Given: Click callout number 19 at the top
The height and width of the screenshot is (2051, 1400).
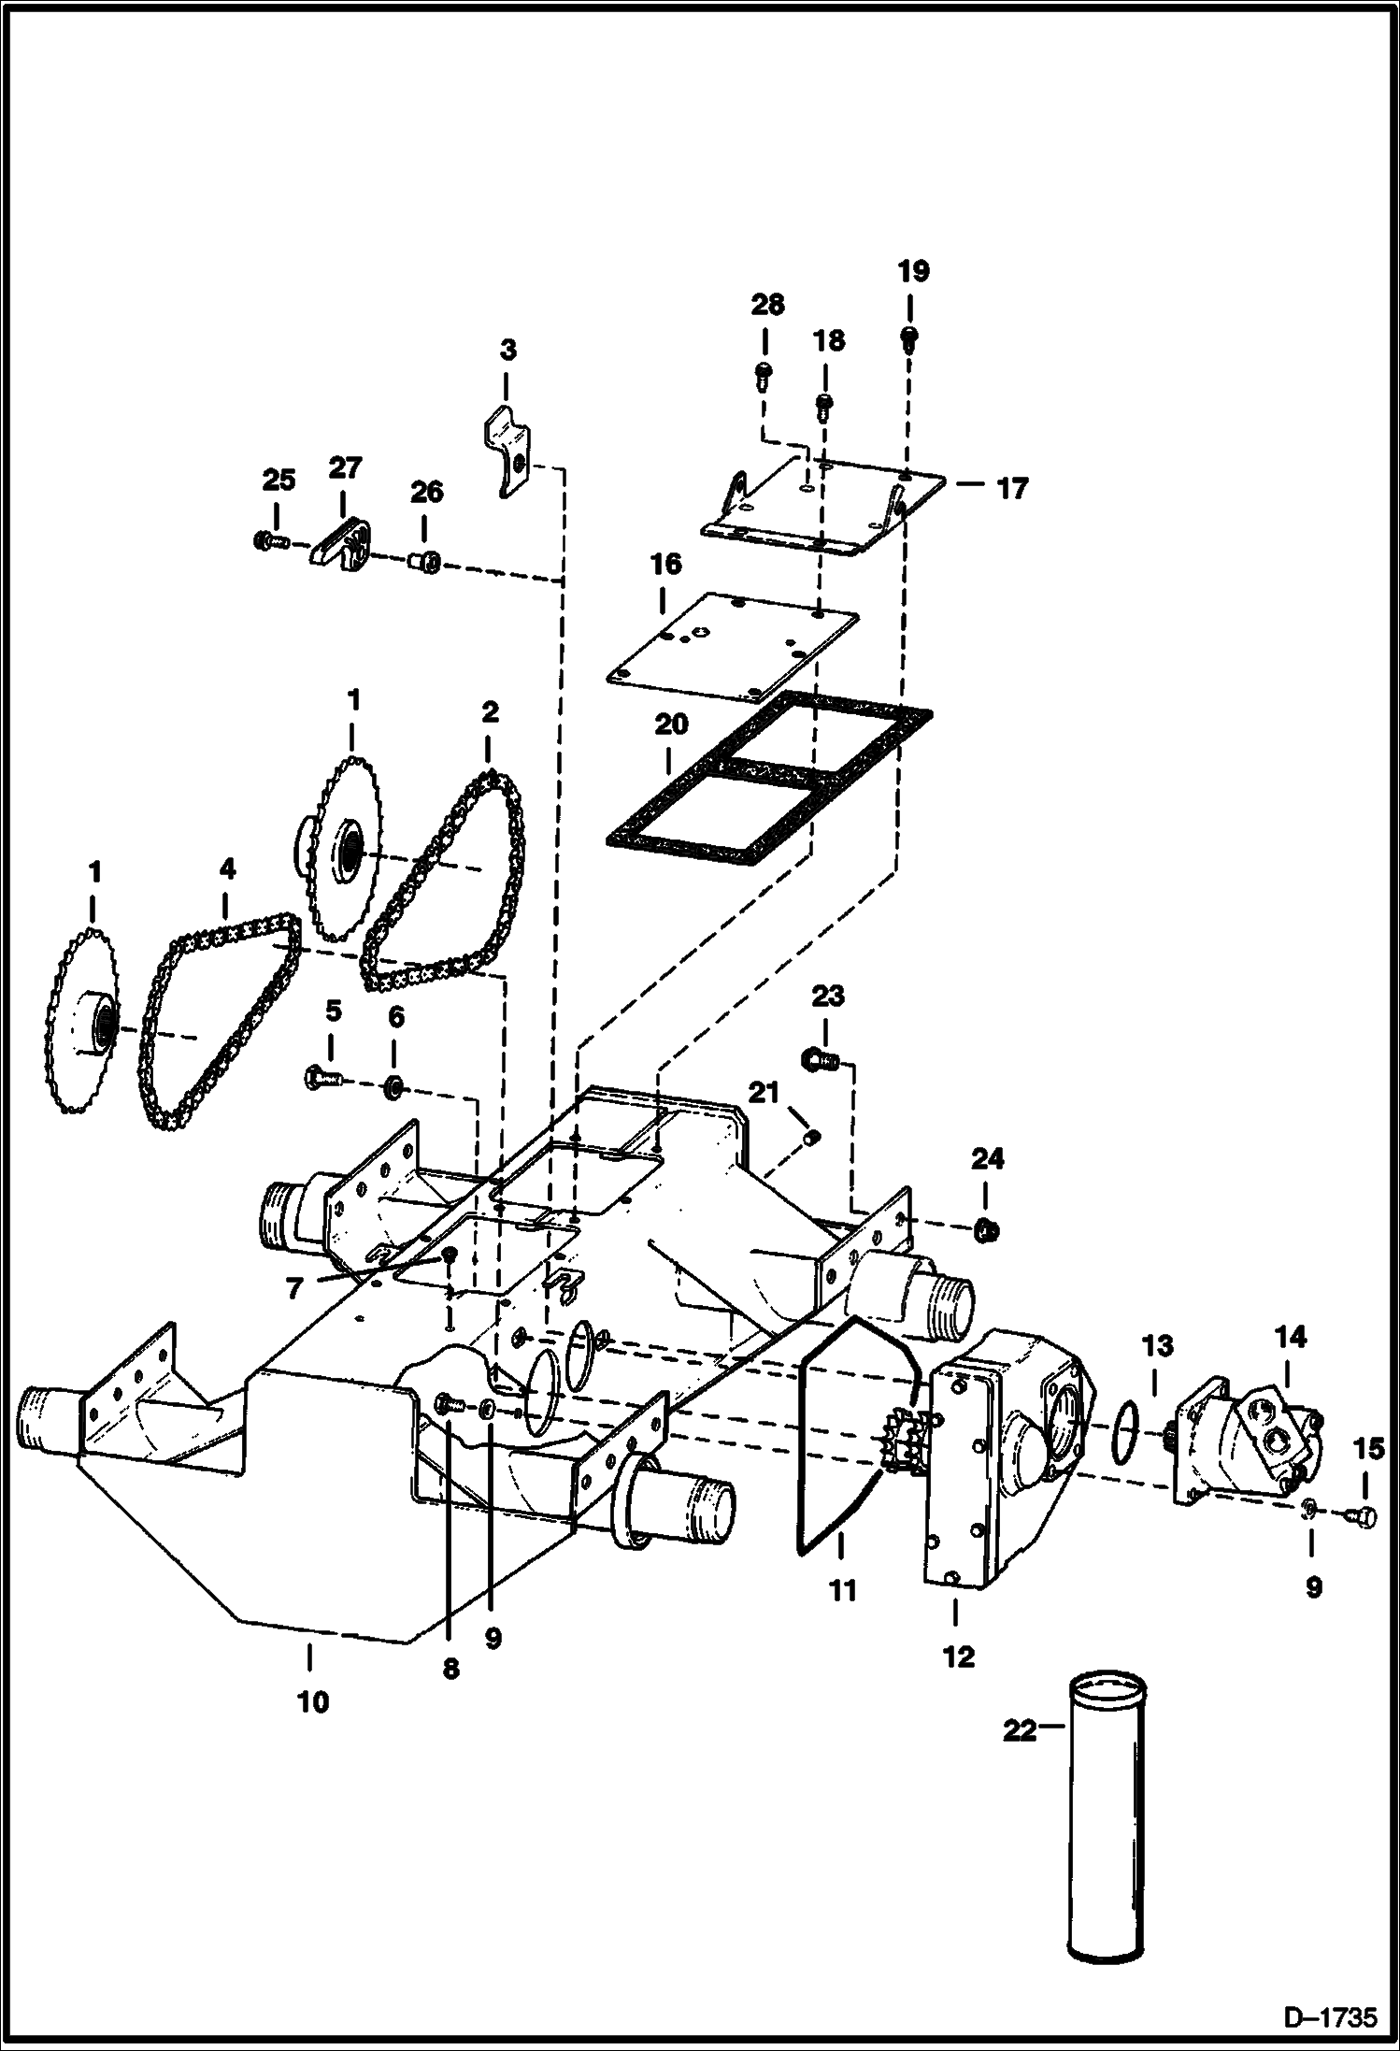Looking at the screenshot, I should (913, 272).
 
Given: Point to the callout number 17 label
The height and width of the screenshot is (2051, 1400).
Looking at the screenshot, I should (1012, 488).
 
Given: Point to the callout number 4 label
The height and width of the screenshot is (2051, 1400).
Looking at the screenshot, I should (226, 869).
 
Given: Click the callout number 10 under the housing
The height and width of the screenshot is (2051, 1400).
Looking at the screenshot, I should (313, 1702).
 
